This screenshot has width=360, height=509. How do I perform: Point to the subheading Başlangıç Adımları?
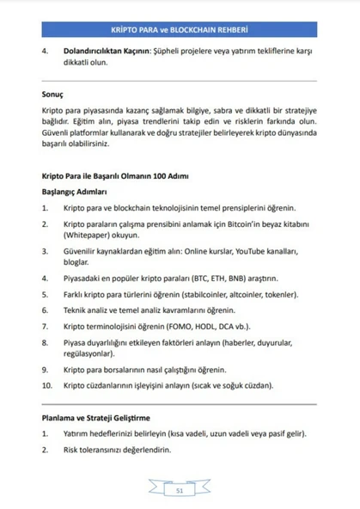(74, 192)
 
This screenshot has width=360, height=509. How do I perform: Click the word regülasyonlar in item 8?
(91, 353)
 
